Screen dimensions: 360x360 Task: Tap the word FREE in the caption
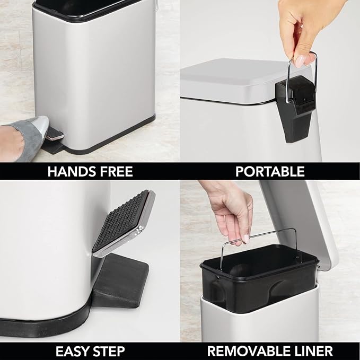tap(113, 171)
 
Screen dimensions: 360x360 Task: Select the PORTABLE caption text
tap(270, 171)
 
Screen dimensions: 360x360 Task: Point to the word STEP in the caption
tap(108, 350)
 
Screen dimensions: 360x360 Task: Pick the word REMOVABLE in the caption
tap(247, 350)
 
